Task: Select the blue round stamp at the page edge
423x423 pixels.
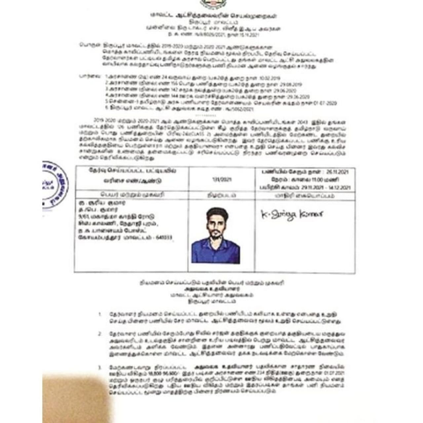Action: click(x=55, y=185)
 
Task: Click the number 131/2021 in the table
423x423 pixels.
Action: click(x=222, y=179)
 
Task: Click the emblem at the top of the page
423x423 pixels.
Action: click(x=211, y=4)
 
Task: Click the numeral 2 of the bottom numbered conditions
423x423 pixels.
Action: click(x=99, y=334)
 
